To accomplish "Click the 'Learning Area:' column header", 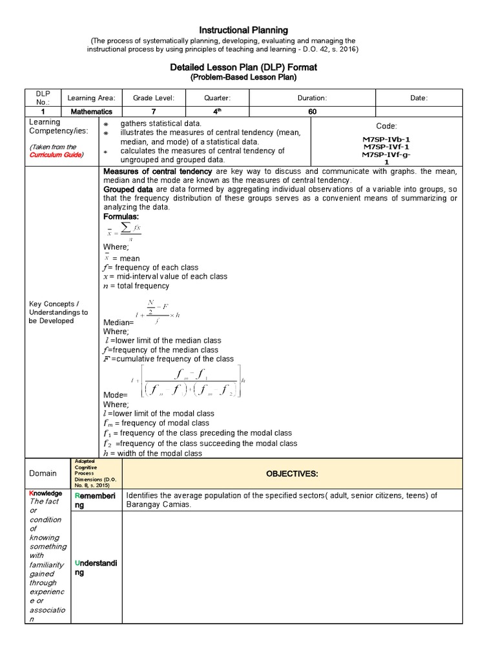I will pos(91,98).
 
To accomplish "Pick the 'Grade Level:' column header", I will pos(153,98).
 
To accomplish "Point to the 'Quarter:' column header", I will pos(217,98).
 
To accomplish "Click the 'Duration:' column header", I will pos(312,98).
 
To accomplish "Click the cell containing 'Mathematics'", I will pos(91,112).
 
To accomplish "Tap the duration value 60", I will pos(312,112).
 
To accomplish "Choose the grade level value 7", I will pos(153,112).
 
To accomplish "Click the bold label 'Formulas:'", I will pos(121,217).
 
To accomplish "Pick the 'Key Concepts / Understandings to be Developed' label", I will pos(58,312).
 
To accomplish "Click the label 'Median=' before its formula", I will pos(118,322).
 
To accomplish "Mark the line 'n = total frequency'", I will pos(136,286).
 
